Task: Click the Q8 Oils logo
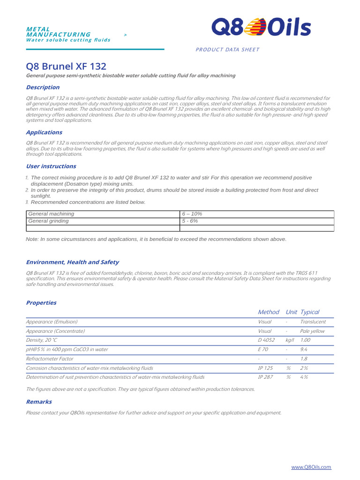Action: click(x=261, y=27)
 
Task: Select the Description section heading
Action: click(x=43, y=87)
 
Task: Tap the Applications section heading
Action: click(x=44, y=132)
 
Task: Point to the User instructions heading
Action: click(x=51, y=166)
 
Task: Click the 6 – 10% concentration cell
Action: click(x=192, y=214)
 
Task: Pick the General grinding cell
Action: click(x=49, y=221)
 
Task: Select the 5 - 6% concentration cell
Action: click(x=190, y=221)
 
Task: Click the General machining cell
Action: click(x=52, y=214)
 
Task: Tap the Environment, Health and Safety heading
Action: click(x=72, y=262)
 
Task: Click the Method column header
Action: click(x=269, y=312)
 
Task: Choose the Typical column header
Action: click(x=310, y=312)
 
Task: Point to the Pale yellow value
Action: click(x=313, y=331)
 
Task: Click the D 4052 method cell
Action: click(x=266, y=340)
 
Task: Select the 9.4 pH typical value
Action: click(x=304, y=349)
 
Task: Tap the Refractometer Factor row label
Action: click(x=49, y=359)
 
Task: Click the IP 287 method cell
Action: click(x=265, y=377)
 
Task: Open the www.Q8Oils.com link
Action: click(x=311, y=467)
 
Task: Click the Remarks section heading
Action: click(x=39, y=402)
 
